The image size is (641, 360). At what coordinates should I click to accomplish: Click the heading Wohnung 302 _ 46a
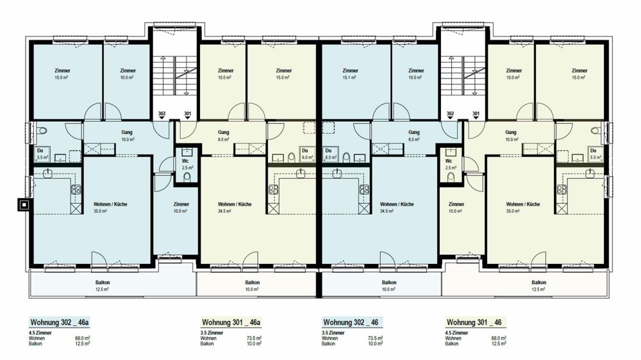click(x=59, y=322)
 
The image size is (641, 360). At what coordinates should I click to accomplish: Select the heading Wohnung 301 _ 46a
click(x=231, y=322)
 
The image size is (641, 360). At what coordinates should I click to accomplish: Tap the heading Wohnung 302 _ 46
click(x=351, y=322)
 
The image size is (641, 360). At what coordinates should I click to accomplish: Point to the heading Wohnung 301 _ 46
click(x=474, y=322)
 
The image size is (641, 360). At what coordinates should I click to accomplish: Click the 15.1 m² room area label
click(x=351, y=78)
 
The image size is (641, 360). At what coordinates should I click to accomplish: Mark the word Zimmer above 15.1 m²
click(x=351, y=70)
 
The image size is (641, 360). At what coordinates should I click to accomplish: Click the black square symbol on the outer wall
click(x=24, y=204)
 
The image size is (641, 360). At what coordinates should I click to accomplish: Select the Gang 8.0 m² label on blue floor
click(x=413, y=136)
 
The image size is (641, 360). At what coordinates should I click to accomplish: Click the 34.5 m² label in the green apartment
click(x=224, y=211)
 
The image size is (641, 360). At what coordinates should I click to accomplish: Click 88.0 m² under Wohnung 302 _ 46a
click(x=83, y=338)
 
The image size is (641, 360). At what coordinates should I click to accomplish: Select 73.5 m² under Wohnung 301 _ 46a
click(x=254, y=338)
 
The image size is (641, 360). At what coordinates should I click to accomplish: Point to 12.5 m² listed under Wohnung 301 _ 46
click(x=498, y=343)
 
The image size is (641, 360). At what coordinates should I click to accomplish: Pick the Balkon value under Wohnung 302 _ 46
click(x=375, y=343)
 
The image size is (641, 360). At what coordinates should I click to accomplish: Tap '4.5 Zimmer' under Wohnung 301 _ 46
click(x=456, y=333)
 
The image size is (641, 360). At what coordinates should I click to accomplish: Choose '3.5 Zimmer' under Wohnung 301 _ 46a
click(x=212, y=333)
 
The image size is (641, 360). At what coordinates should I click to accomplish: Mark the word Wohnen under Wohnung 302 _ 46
click(x=330, y=338)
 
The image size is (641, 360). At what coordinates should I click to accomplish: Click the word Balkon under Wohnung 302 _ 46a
click(x=35, y=343)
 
